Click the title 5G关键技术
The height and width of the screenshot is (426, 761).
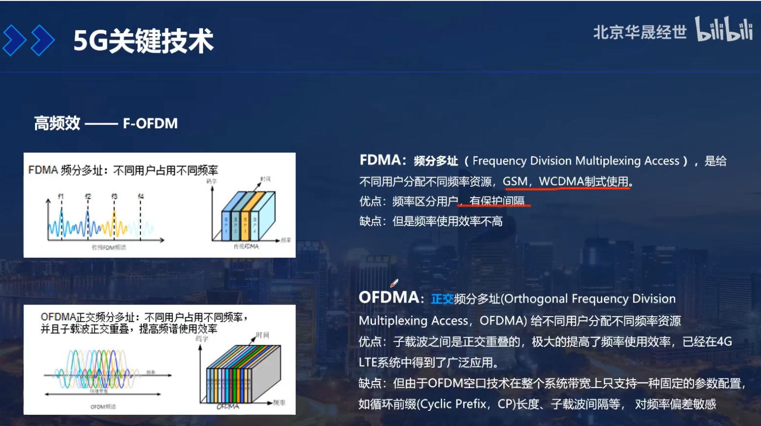(144, 41)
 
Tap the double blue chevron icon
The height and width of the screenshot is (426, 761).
(28, 40)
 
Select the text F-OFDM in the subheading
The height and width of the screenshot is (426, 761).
(150, 123)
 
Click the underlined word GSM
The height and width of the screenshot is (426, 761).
(515, 182)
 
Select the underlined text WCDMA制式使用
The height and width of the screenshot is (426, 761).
(583, 182)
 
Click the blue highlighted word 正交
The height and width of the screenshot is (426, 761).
(442, 299)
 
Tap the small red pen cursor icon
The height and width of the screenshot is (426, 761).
(394, 283)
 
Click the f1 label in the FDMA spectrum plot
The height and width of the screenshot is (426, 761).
(61, 196)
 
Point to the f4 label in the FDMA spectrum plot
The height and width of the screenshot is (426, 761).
(141, 196)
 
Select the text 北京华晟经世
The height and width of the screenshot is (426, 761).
(640, 32)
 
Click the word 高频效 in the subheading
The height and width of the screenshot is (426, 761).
(57, 123)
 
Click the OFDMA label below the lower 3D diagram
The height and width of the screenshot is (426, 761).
(227, 406)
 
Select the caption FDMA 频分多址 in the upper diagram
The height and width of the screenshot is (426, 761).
(65, 170)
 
